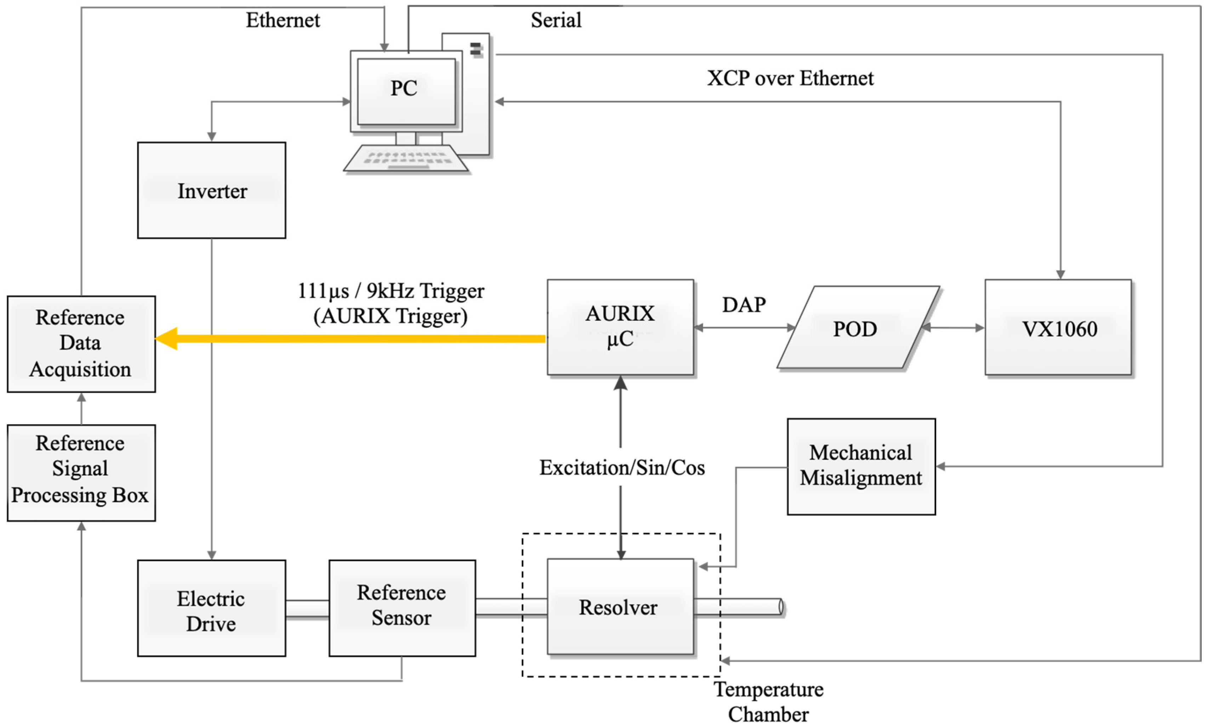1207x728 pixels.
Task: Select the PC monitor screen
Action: click(x=406, y=91)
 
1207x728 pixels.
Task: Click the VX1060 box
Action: click(x=1058, y=327)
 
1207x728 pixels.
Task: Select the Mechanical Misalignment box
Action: click(x=861, y=466)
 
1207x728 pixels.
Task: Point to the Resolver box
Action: click(x=620, y=606)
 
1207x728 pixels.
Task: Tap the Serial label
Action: click(x=556, y=20)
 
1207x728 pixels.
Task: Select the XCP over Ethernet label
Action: click(x=790, y=78)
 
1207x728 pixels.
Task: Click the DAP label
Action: click(x=743, y=304)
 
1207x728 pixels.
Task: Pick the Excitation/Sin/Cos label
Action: click(x=622, y=467)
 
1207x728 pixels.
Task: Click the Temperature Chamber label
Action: click(x=768, y=701)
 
